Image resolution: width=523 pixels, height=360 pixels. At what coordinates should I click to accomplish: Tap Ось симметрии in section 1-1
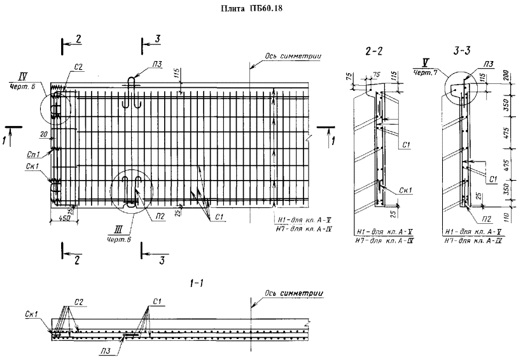pos(292,294)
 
